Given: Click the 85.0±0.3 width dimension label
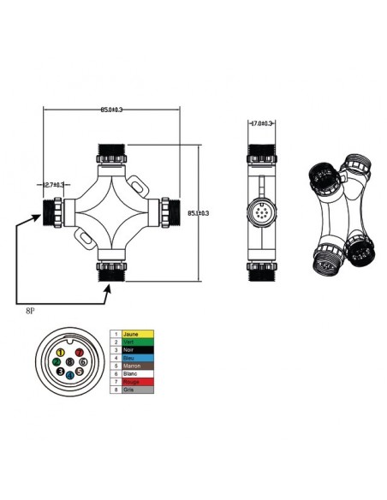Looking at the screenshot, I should (x=111, y=110).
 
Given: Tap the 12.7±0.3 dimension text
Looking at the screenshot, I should (x=55, y=183).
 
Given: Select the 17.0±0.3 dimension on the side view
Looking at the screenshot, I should (x=260, y=124).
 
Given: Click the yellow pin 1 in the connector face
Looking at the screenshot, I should (x=61, y=352).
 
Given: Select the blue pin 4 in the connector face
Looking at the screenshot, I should (x=69, y=375).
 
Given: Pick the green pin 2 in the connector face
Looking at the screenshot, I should (x=56, y=363).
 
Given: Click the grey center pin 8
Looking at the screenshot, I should (x=68, y=363).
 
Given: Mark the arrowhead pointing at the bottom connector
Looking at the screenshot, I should (x=107, y=289).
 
